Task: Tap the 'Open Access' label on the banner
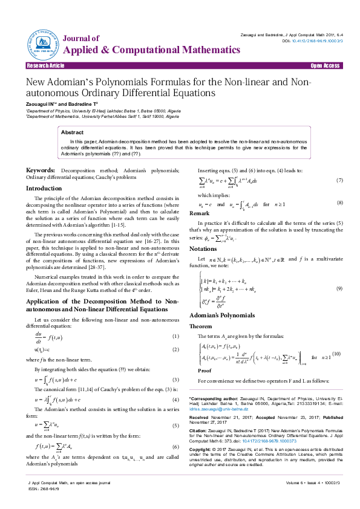tap(325, 65)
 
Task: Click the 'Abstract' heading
tap(73, 132)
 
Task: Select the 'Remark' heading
tap(200, 213)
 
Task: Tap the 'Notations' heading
tap(203, 249)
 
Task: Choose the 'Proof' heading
tap(205, 371)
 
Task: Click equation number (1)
tap(176, 336)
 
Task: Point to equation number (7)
tap(340, 181)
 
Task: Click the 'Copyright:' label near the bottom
tap(203, 450)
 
